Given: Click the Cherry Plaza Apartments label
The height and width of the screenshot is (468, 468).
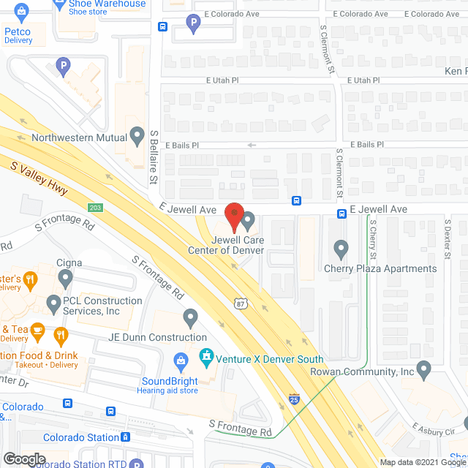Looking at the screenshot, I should pyautogui.click(x=380, y=268).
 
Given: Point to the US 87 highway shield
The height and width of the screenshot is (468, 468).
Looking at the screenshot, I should pyautogui.click(x=240, y=303).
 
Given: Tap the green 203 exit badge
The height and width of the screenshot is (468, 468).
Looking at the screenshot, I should pyautogui.click(x=96, y=208).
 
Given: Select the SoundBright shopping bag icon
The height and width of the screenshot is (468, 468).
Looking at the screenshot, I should pyautogui.click(x=180, y=361).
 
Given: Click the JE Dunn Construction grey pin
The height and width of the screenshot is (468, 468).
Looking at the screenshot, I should pyautogui.click(x=191, y=318).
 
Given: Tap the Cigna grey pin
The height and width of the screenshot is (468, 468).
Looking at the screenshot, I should pyautogui.click(x=66, y=278).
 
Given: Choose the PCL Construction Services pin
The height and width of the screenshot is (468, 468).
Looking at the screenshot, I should pyautogui.click(x=53, y=302).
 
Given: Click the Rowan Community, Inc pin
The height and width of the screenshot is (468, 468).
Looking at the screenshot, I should pyautogui.click(x=424, y=371).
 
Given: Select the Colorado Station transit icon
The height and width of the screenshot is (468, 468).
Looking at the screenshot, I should pyautogui.click(x=125, y=437).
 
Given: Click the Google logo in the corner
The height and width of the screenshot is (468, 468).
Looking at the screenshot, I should pyautogui.click(x=23, y=458).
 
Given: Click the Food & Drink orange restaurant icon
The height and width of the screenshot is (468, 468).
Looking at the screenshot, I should pyautogui.click(x=60, y=336).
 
